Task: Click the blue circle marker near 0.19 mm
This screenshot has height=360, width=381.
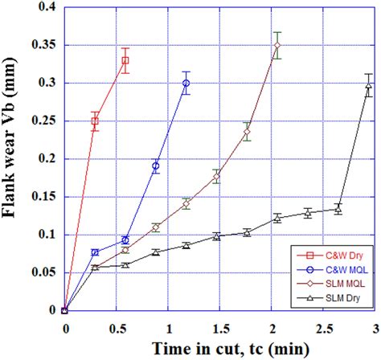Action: coord(156,166)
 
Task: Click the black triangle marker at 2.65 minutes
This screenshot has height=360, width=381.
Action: coord(338,209)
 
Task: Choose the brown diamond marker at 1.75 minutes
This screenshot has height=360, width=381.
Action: coord(247,132)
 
